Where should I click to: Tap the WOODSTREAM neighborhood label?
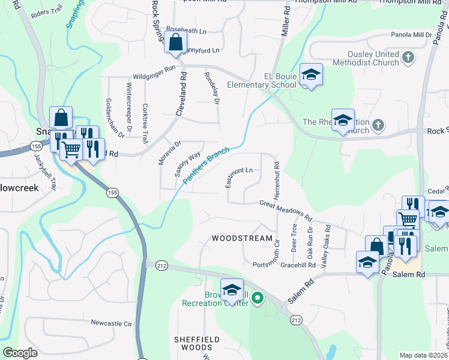(243, 238)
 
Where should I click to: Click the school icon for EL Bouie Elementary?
(311, 75)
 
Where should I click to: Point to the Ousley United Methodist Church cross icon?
(408, 58)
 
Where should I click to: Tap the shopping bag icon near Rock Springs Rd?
(175, 43)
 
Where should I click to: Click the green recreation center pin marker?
(258, 297)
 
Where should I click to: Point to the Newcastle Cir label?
(111, 323)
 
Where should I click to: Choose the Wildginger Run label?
(154, 68)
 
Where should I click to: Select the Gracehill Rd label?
(302, 265)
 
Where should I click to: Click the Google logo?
(20, 353)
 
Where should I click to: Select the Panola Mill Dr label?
(412, 35)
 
